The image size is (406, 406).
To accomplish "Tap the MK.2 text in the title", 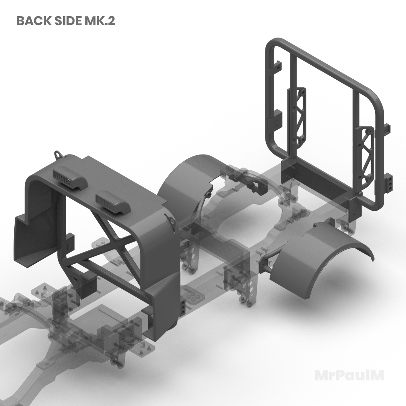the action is pos(100,21).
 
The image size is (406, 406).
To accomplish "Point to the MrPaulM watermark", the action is pos(349,376).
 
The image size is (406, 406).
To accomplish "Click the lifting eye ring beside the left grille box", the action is pos(58,155).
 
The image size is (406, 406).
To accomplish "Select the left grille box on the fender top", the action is pos(70,177).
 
